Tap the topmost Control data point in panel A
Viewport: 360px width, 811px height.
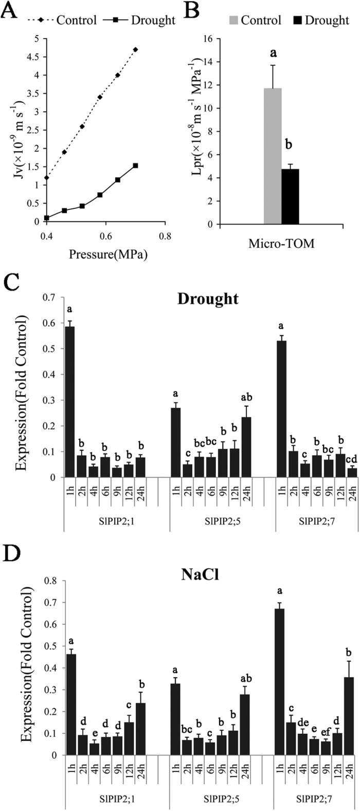136,49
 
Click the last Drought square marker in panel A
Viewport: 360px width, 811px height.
136,166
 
